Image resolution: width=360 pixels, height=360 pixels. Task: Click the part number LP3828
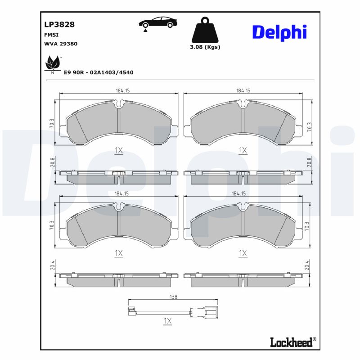tap(59, 24)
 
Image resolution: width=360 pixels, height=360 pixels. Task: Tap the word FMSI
tap(51, 35)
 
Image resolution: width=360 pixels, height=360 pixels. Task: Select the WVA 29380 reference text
tap(61, 44)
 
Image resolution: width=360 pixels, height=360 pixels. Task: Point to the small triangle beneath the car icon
tap(146, 31)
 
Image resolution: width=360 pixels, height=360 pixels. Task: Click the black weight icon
tap(205, 30)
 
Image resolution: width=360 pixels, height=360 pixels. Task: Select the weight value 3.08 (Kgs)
tap(205, 47)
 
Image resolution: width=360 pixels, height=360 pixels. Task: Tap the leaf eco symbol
tap(52, 64)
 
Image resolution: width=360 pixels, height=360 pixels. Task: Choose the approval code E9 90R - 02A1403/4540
tap(99, 72)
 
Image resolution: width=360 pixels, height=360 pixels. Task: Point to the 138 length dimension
tap(174, 297)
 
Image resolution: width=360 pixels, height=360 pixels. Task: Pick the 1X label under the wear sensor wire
tap(168, 321)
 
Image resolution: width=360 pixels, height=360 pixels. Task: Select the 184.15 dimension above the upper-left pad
tap(119, 91)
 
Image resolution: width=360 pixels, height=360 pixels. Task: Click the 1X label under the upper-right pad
tap(243, 150)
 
